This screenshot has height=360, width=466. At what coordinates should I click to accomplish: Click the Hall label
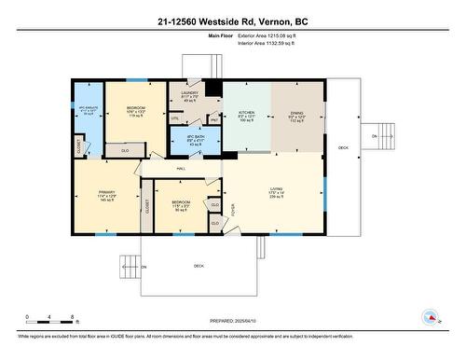181,167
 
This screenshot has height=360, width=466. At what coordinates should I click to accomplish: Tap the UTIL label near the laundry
174,118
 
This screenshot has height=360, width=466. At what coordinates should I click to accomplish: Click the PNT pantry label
212,120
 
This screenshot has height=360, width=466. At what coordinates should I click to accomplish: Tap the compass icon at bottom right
431,316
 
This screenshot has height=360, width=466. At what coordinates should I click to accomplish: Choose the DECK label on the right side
343,148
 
